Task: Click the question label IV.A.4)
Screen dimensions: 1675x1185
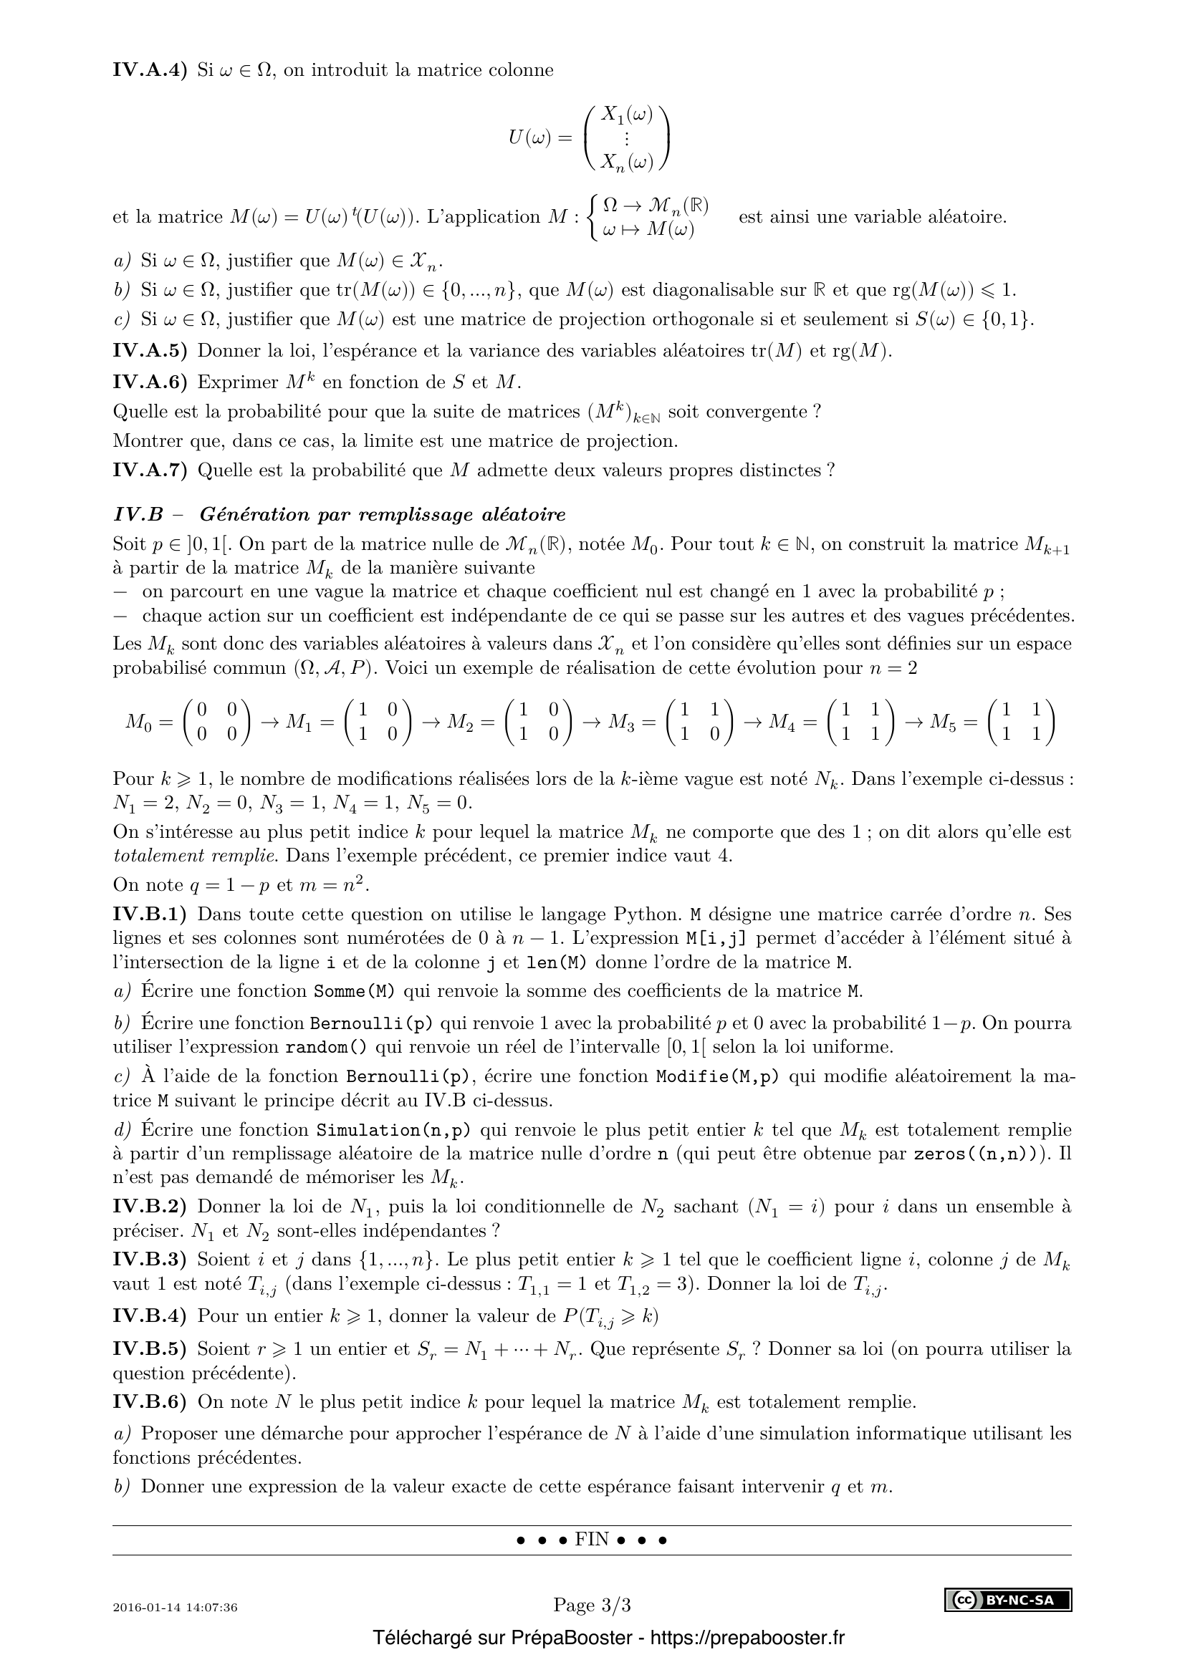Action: (150, 70)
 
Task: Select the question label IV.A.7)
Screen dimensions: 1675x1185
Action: (150, 470)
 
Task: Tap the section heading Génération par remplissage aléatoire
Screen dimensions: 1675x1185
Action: (383, 515)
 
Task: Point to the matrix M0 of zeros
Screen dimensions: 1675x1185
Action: (188, 723)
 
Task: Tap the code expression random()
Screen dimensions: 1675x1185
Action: (326, 1048)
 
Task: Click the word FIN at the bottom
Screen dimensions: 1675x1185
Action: (592, 1540)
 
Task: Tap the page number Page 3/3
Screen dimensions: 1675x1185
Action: (592, 1605)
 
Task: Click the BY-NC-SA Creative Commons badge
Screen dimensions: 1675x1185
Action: (1009, 1601)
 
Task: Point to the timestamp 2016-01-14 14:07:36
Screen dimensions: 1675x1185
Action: (175, 1607)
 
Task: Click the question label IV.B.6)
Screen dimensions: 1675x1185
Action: (150, 1402)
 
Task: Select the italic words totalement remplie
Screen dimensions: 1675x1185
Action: (194, 856)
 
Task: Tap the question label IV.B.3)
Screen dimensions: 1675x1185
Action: (150, 1260)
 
